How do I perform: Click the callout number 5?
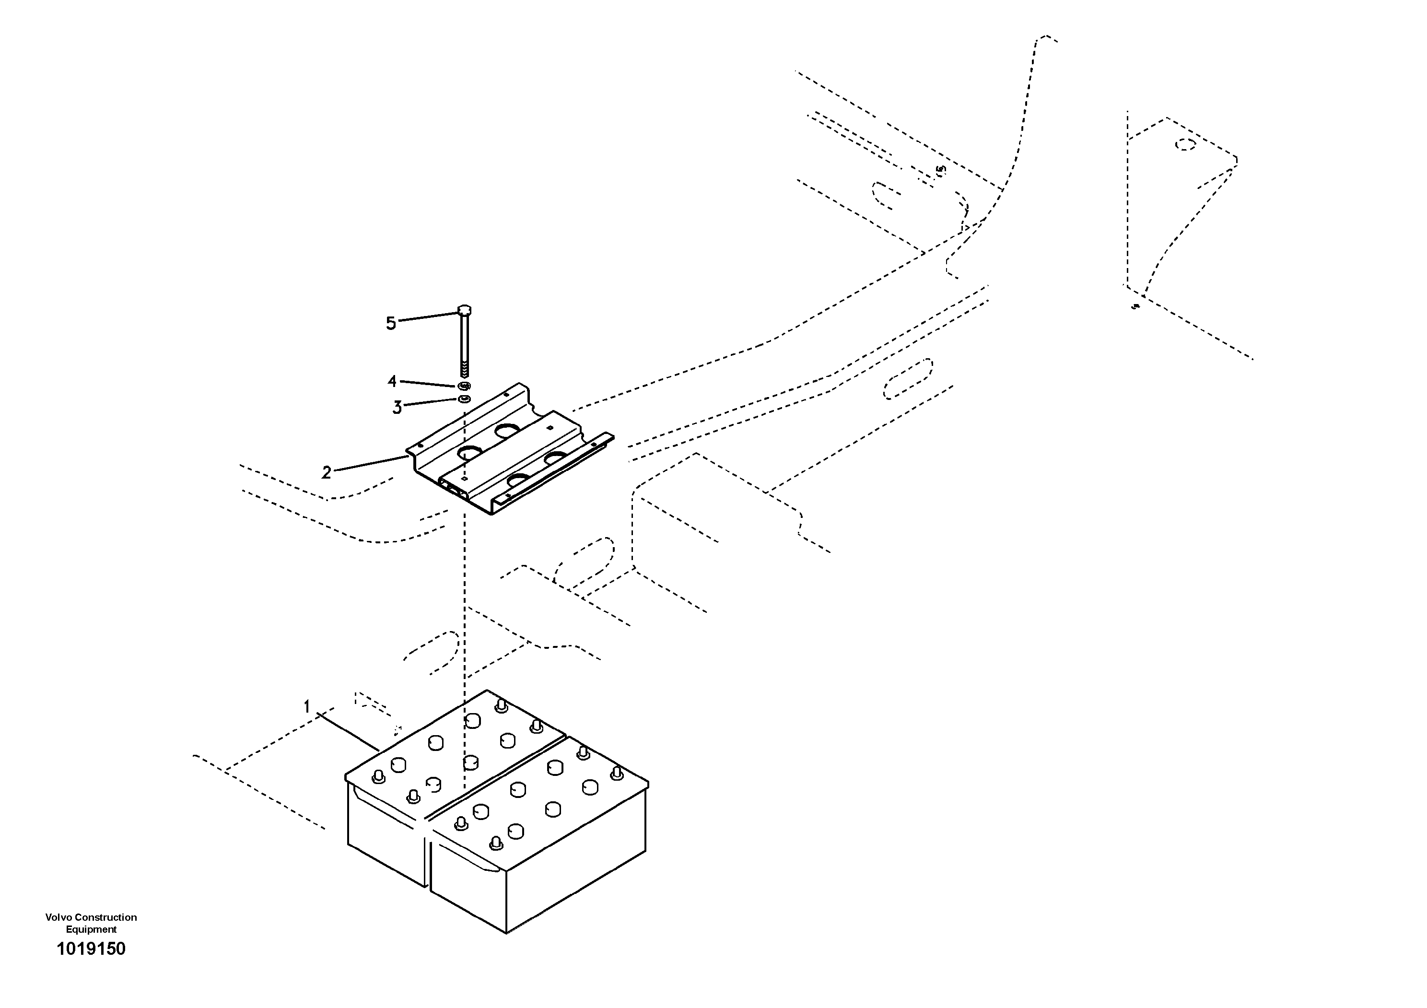390,323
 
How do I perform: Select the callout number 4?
392,380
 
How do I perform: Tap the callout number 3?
397,407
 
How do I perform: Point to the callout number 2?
326,472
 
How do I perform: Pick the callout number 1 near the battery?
306,706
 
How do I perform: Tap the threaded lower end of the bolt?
464,370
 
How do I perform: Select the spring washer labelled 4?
465,386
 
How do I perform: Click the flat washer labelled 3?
464,398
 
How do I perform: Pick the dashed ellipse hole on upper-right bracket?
1185,145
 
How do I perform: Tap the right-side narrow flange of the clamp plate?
553,466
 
